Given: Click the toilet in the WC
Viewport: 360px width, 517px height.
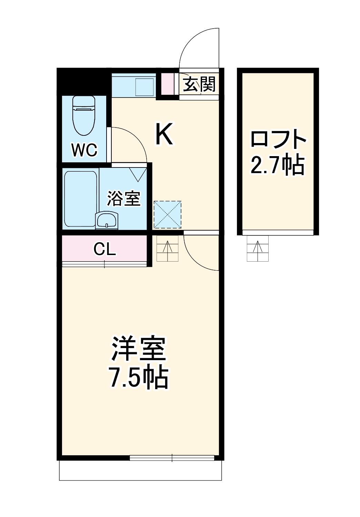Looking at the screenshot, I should click(x=84, y=115).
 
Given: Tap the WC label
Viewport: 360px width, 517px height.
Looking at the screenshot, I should click(x=84, y=150).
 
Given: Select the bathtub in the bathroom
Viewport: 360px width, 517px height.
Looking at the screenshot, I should click(x=80, y=199).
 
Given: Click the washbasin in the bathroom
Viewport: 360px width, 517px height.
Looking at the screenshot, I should click(x=107, y=220).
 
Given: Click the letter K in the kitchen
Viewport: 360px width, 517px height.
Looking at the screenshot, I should click(x=164, y=135).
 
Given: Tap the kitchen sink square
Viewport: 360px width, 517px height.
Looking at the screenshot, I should click(x=145, y=87).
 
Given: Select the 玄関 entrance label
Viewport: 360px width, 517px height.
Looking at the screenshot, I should click(x=199, y=84).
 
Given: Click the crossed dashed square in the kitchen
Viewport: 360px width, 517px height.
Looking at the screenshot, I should click(x=167, y=215).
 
